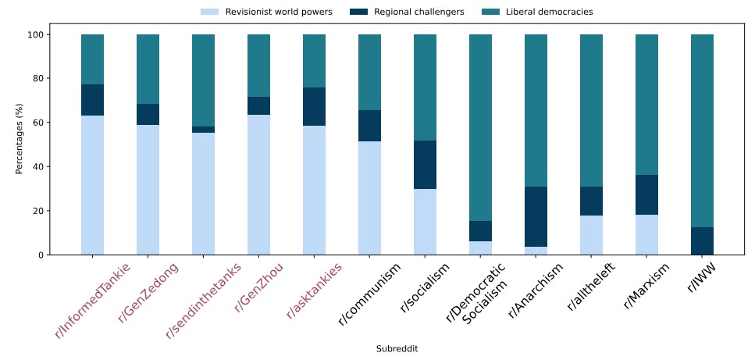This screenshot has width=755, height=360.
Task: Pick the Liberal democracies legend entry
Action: (x=549, y=12)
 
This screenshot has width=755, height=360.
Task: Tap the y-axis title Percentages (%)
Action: (x=20, y=144)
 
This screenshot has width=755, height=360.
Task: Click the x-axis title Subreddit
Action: (x=397, y=348)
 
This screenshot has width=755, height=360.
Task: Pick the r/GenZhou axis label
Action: (x=258, y=287)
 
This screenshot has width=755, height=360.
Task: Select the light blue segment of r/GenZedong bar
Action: (x=148, y=190)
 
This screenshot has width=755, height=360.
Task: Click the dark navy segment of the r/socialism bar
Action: (x=425, y=165)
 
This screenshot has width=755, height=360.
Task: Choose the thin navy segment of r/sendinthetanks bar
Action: (x=203, y=130)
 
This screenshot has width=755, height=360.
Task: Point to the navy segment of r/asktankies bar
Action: (x=314, y=106)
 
